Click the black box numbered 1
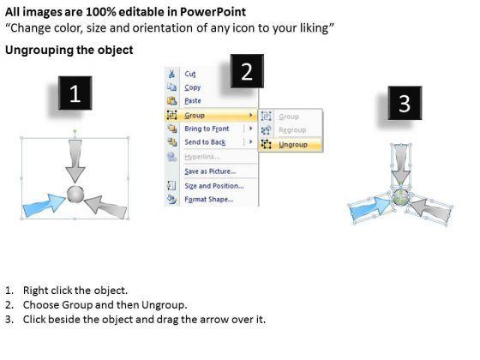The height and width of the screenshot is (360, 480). [x=75, y=93]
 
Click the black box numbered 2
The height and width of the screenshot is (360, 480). [x=247, y=71]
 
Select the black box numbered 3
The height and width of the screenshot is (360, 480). [x=405, y=103]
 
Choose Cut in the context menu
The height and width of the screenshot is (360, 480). [x=189, y=74]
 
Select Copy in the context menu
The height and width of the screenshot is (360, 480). [x=193, y=87]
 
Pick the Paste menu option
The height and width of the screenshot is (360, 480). [x=193, y=101]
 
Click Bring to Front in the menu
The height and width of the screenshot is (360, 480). [x=207, y=129]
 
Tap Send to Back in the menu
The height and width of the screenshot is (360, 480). [x=205, y=142]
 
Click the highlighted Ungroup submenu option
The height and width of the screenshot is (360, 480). [x=293, y=145]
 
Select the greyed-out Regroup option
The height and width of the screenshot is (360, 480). [x=292, y=130]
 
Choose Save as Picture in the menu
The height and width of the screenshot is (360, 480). [x=210, y=171]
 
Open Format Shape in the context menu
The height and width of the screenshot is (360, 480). [x=209, y=199]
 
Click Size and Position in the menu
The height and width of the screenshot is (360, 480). [x=214, y=186]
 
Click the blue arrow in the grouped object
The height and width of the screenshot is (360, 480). [x=44, y=205]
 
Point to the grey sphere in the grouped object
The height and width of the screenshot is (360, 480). [x=75, y=194]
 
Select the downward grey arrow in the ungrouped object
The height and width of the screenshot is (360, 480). [x=401, y=164]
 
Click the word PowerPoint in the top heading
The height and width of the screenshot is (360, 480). [x=213, y=12]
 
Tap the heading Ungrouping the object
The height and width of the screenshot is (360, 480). [x=69, y=50]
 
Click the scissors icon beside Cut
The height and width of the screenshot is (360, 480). [x=171, y=74]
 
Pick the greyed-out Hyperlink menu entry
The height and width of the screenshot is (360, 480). [x=201, y=157]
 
